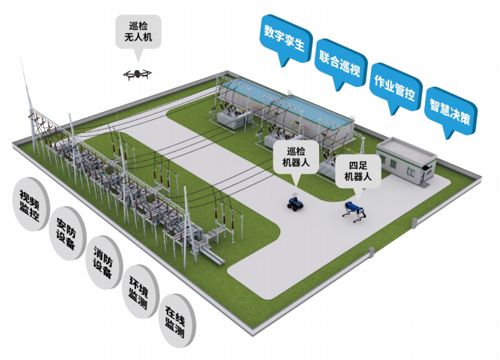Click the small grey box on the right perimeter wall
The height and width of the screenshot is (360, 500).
click(414, 224)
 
